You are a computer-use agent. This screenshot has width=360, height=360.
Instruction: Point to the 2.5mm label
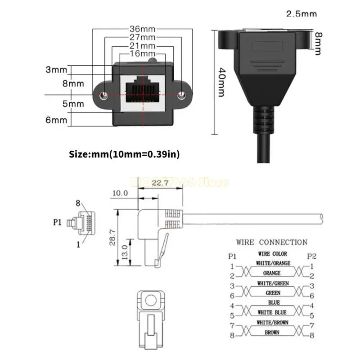301,14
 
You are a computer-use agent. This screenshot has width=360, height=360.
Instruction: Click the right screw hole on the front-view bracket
182,95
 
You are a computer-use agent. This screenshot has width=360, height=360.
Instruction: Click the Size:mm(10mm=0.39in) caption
124,154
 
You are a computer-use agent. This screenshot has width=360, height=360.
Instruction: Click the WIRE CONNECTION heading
272,242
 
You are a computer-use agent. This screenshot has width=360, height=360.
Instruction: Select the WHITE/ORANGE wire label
273,263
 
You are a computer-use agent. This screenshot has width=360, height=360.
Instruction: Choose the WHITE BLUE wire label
273,312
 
